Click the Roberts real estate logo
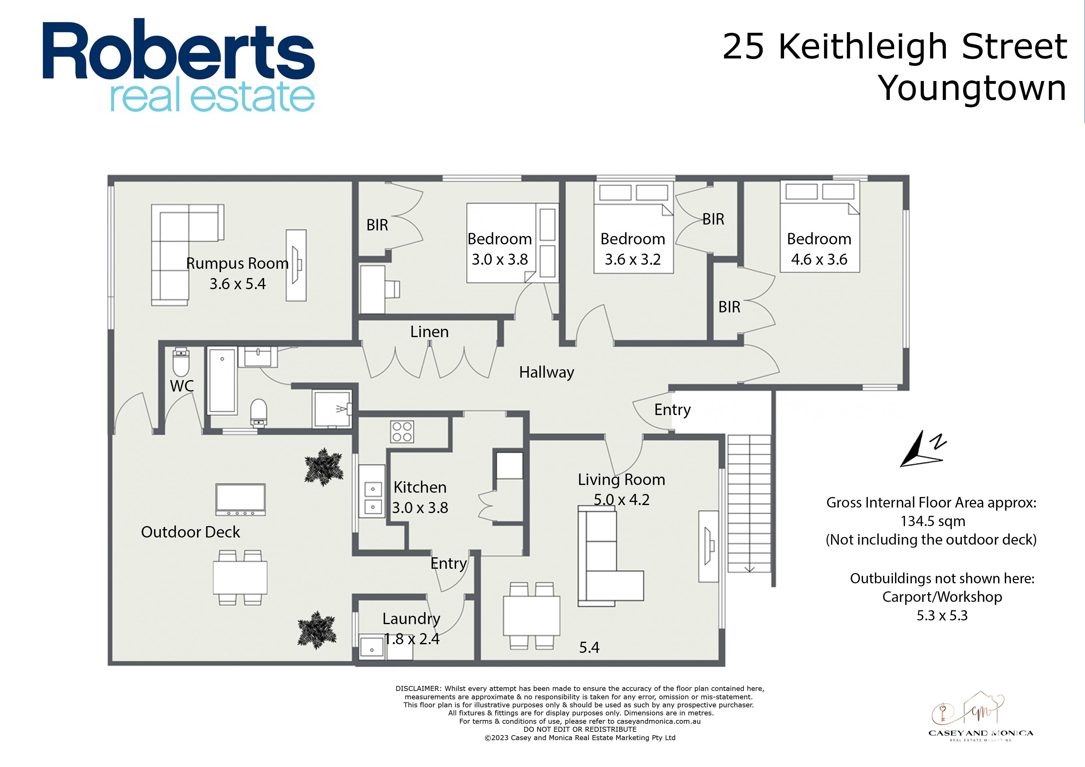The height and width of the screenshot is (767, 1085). pos(179,65)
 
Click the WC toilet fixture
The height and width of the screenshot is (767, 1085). pos(181,362)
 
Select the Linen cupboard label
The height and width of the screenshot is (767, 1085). pos(429,332)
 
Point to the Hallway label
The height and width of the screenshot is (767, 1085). pos(546,372)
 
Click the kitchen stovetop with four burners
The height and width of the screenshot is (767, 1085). pos(402,431)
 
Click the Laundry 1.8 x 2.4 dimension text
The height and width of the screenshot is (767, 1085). pos(412,639)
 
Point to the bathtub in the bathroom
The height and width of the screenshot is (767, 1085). pos(222,381)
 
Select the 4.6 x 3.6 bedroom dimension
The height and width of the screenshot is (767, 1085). pos(819,259)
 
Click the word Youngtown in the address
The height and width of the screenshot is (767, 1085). pos(972,88)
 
